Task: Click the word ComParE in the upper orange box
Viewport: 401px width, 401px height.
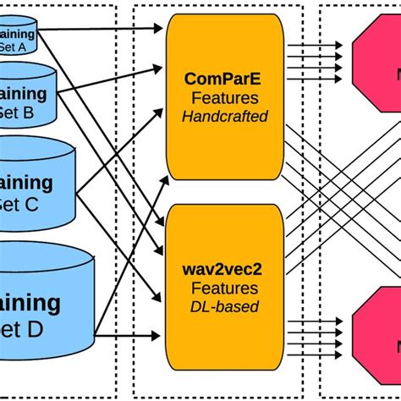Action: coord(224,79)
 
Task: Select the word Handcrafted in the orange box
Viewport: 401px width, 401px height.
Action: coord(224,115)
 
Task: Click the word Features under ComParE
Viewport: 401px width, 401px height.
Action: coord(224,97)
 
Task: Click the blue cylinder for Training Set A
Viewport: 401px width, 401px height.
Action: coord(17,36)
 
